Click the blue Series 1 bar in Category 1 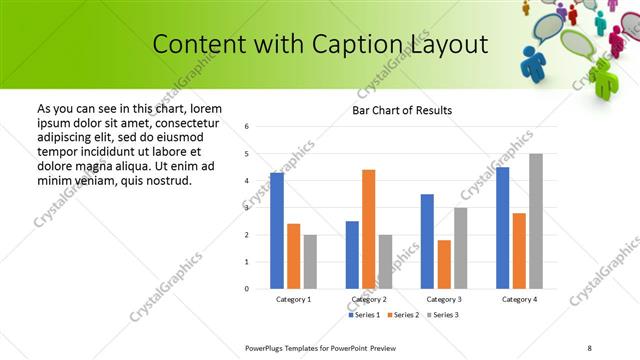pos(277,231)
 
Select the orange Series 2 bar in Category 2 pos(368,229)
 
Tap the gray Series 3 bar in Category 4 pos(536,221)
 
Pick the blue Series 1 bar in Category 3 pos(427,241)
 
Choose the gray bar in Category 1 pos(310,261)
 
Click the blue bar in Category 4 pos(502,228)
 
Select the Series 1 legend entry pos(364,315)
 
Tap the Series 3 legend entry pos(443,315)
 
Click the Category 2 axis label pos(368,300)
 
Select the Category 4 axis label pos(519,300)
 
